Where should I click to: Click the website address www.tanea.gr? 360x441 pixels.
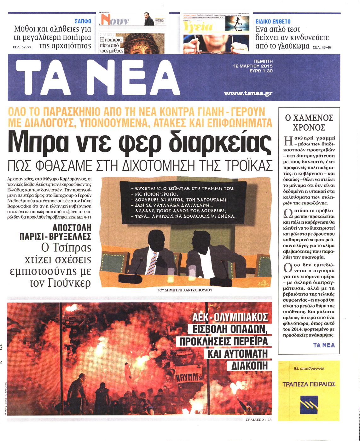click(248, 93)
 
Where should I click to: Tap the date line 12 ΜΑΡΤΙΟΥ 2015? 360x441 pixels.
click(253, 66)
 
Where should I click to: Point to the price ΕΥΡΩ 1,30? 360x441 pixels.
click(261, 71)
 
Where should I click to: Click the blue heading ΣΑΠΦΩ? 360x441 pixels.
click(83, 21)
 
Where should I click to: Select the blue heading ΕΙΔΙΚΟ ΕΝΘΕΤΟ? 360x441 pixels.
click(273, 21)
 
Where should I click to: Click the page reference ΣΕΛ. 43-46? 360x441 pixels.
click(322, 48)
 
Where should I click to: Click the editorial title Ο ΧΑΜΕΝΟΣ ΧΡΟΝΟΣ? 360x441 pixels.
click(309, 122)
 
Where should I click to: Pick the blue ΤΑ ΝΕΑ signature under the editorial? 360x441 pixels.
click(324, 345)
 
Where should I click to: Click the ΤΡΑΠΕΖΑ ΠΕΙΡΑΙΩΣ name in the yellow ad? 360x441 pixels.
click(309, 384)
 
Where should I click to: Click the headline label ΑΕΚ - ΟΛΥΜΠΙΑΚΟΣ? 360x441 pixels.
click(230, 316)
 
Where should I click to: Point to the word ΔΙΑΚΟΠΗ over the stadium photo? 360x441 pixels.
click(249, 365)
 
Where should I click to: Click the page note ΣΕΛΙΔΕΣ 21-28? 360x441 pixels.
click(258, 420)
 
